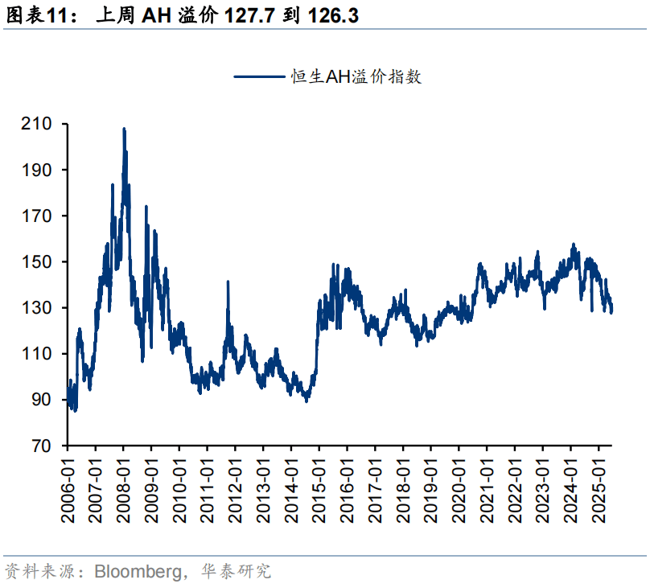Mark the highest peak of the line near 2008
[x=124, y=129]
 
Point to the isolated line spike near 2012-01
[x=228, y=282]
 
